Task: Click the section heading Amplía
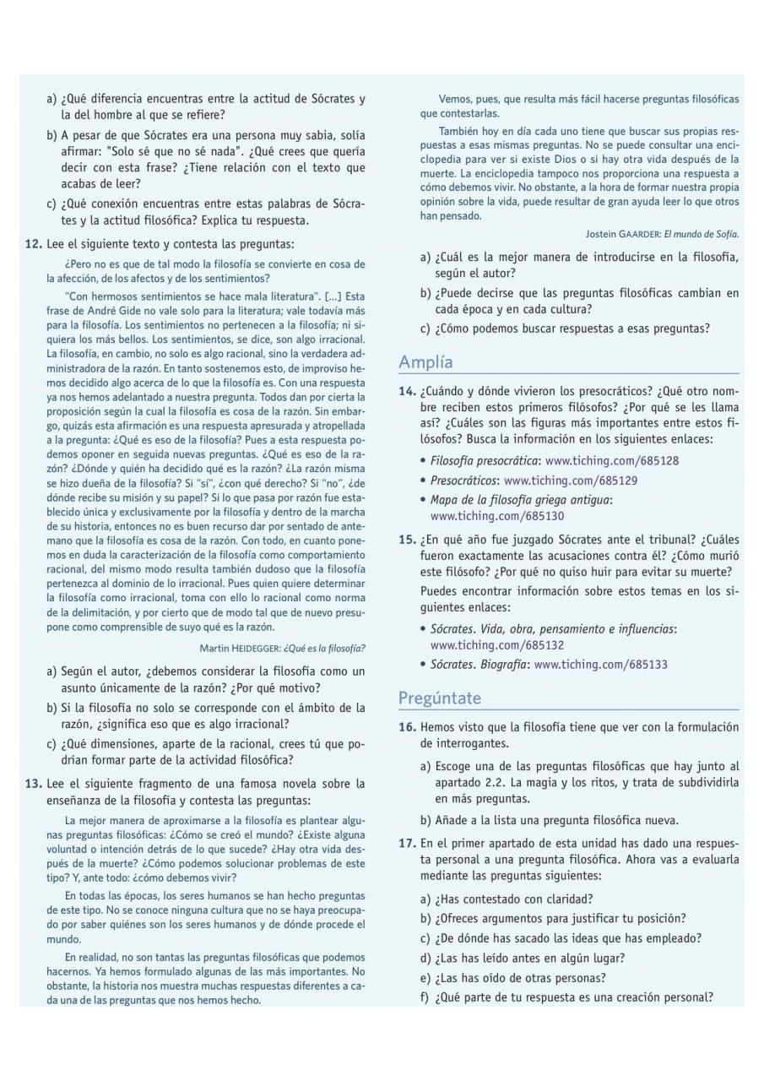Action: pyautogui.click(x=425, y=362)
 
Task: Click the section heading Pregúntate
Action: pyautogui.click(x=439, y=698)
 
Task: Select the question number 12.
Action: pyautogui.click(x=33, y=244)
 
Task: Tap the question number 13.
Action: pyautogui.click(x=33, y=784)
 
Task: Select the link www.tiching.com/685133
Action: pyautogui.click(x=600, y=665)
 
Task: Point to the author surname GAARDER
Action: pyautogui.click(x=635, y=234)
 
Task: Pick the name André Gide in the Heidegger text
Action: pyautogui.click(x=111, y=308)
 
